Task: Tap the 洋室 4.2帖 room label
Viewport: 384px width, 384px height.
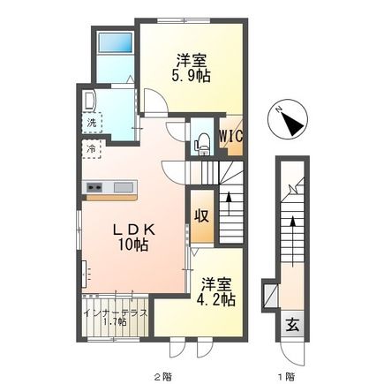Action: coord(215,292)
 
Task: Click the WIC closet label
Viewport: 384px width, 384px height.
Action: coord(231,136)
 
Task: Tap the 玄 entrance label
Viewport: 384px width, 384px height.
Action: coord(290,324)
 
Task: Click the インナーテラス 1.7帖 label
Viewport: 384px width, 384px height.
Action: coord(116,316)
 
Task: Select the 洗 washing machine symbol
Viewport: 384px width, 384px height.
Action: coord(91,123)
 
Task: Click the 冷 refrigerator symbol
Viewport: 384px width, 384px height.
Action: coord(91,149)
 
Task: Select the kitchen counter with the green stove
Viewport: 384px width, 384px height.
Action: coord(109,186)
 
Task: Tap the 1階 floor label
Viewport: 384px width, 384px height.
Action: coord(285,375)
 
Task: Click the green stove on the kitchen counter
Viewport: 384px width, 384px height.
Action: coord(94,186)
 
